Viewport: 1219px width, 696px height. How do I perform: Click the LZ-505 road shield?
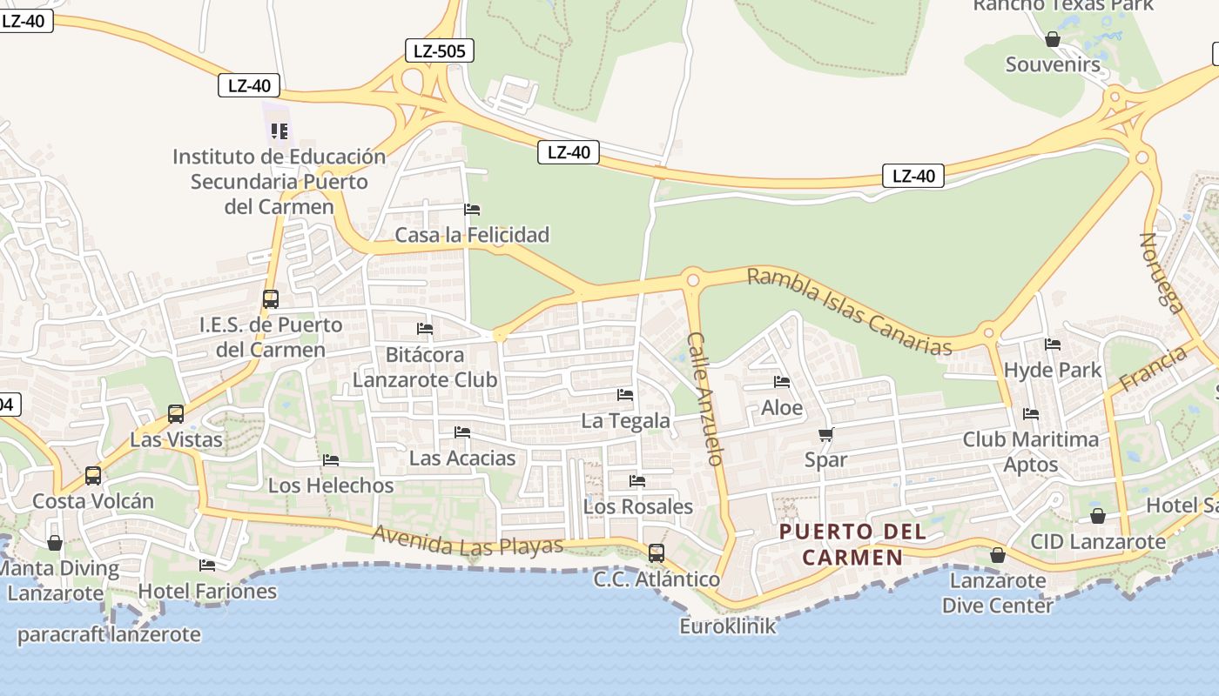click(x=440, y=51)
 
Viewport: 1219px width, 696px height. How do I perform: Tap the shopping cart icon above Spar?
click(x=825, y=434)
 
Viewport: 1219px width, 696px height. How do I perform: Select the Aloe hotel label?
click(x=782, y=408)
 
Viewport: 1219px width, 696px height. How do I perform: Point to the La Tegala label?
click(x=625, y=421)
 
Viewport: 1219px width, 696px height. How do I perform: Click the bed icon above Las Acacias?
click(x=462, y=432)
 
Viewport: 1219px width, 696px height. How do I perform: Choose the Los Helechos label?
click(x=331, y=485)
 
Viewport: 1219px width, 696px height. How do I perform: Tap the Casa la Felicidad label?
click(x=472, y=235)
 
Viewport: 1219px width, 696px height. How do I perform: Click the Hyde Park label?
click(x=1053, y=371)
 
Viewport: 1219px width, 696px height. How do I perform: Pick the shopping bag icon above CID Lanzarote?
click(x=1097, y=516)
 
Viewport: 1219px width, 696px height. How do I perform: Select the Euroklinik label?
click(x=728, y=626)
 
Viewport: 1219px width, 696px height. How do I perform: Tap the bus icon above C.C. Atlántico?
click(x=657, y=553)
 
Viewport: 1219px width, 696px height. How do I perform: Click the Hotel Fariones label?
click(x=207, y=592)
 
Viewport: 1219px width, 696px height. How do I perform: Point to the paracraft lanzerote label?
click(x=109, y=634)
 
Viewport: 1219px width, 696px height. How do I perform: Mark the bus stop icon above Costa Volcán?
click(x=93, y=476)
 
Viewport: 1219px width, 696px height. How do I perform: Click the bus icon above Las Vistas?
click(x=176, y=414)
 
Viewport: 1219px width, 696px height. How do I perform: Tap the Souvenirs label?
click(x=1053, y=64)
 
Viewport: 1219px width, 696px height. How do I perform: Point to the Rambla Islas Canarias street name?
click(x=849, y=311)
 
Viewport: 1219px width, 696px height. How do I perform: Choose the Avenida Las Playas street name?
click(x=468, y=541)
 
